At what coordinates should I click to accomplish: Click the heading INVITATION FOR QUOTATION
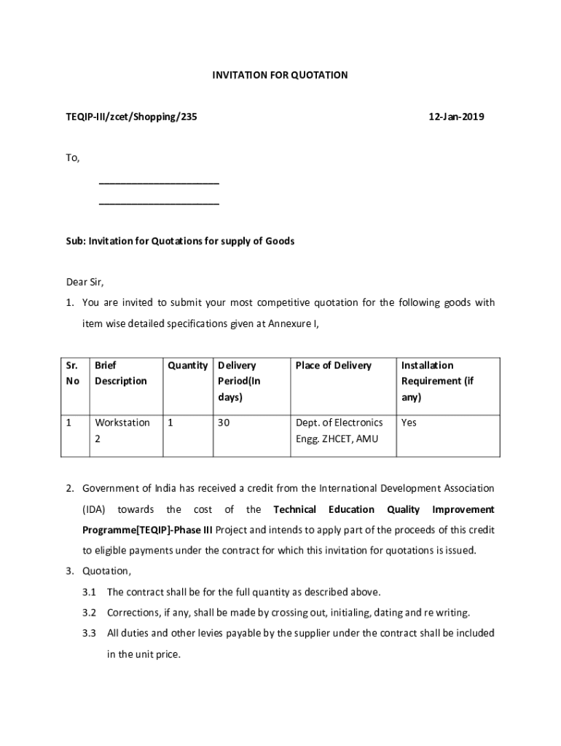pos(280,75)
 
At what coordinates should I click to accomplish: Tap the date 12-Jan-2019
pos(457,117)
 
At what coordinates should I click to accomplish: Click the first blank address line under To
pos(159,183)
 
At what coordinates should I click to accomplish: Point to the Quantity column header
pos(187,365)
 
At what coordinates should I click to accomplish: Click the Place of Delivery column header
pos(334,365)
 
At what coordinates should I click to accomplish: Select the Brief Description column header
pos(121,373)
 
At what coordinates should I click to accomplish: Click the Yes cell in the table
pos(409,423)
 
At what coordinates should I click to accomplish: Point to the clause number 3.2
pos(90,613)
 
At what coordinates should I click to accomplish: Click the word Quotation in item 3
pos(106,570)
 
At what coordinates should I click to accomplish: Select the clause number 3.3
pos(90,633)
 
